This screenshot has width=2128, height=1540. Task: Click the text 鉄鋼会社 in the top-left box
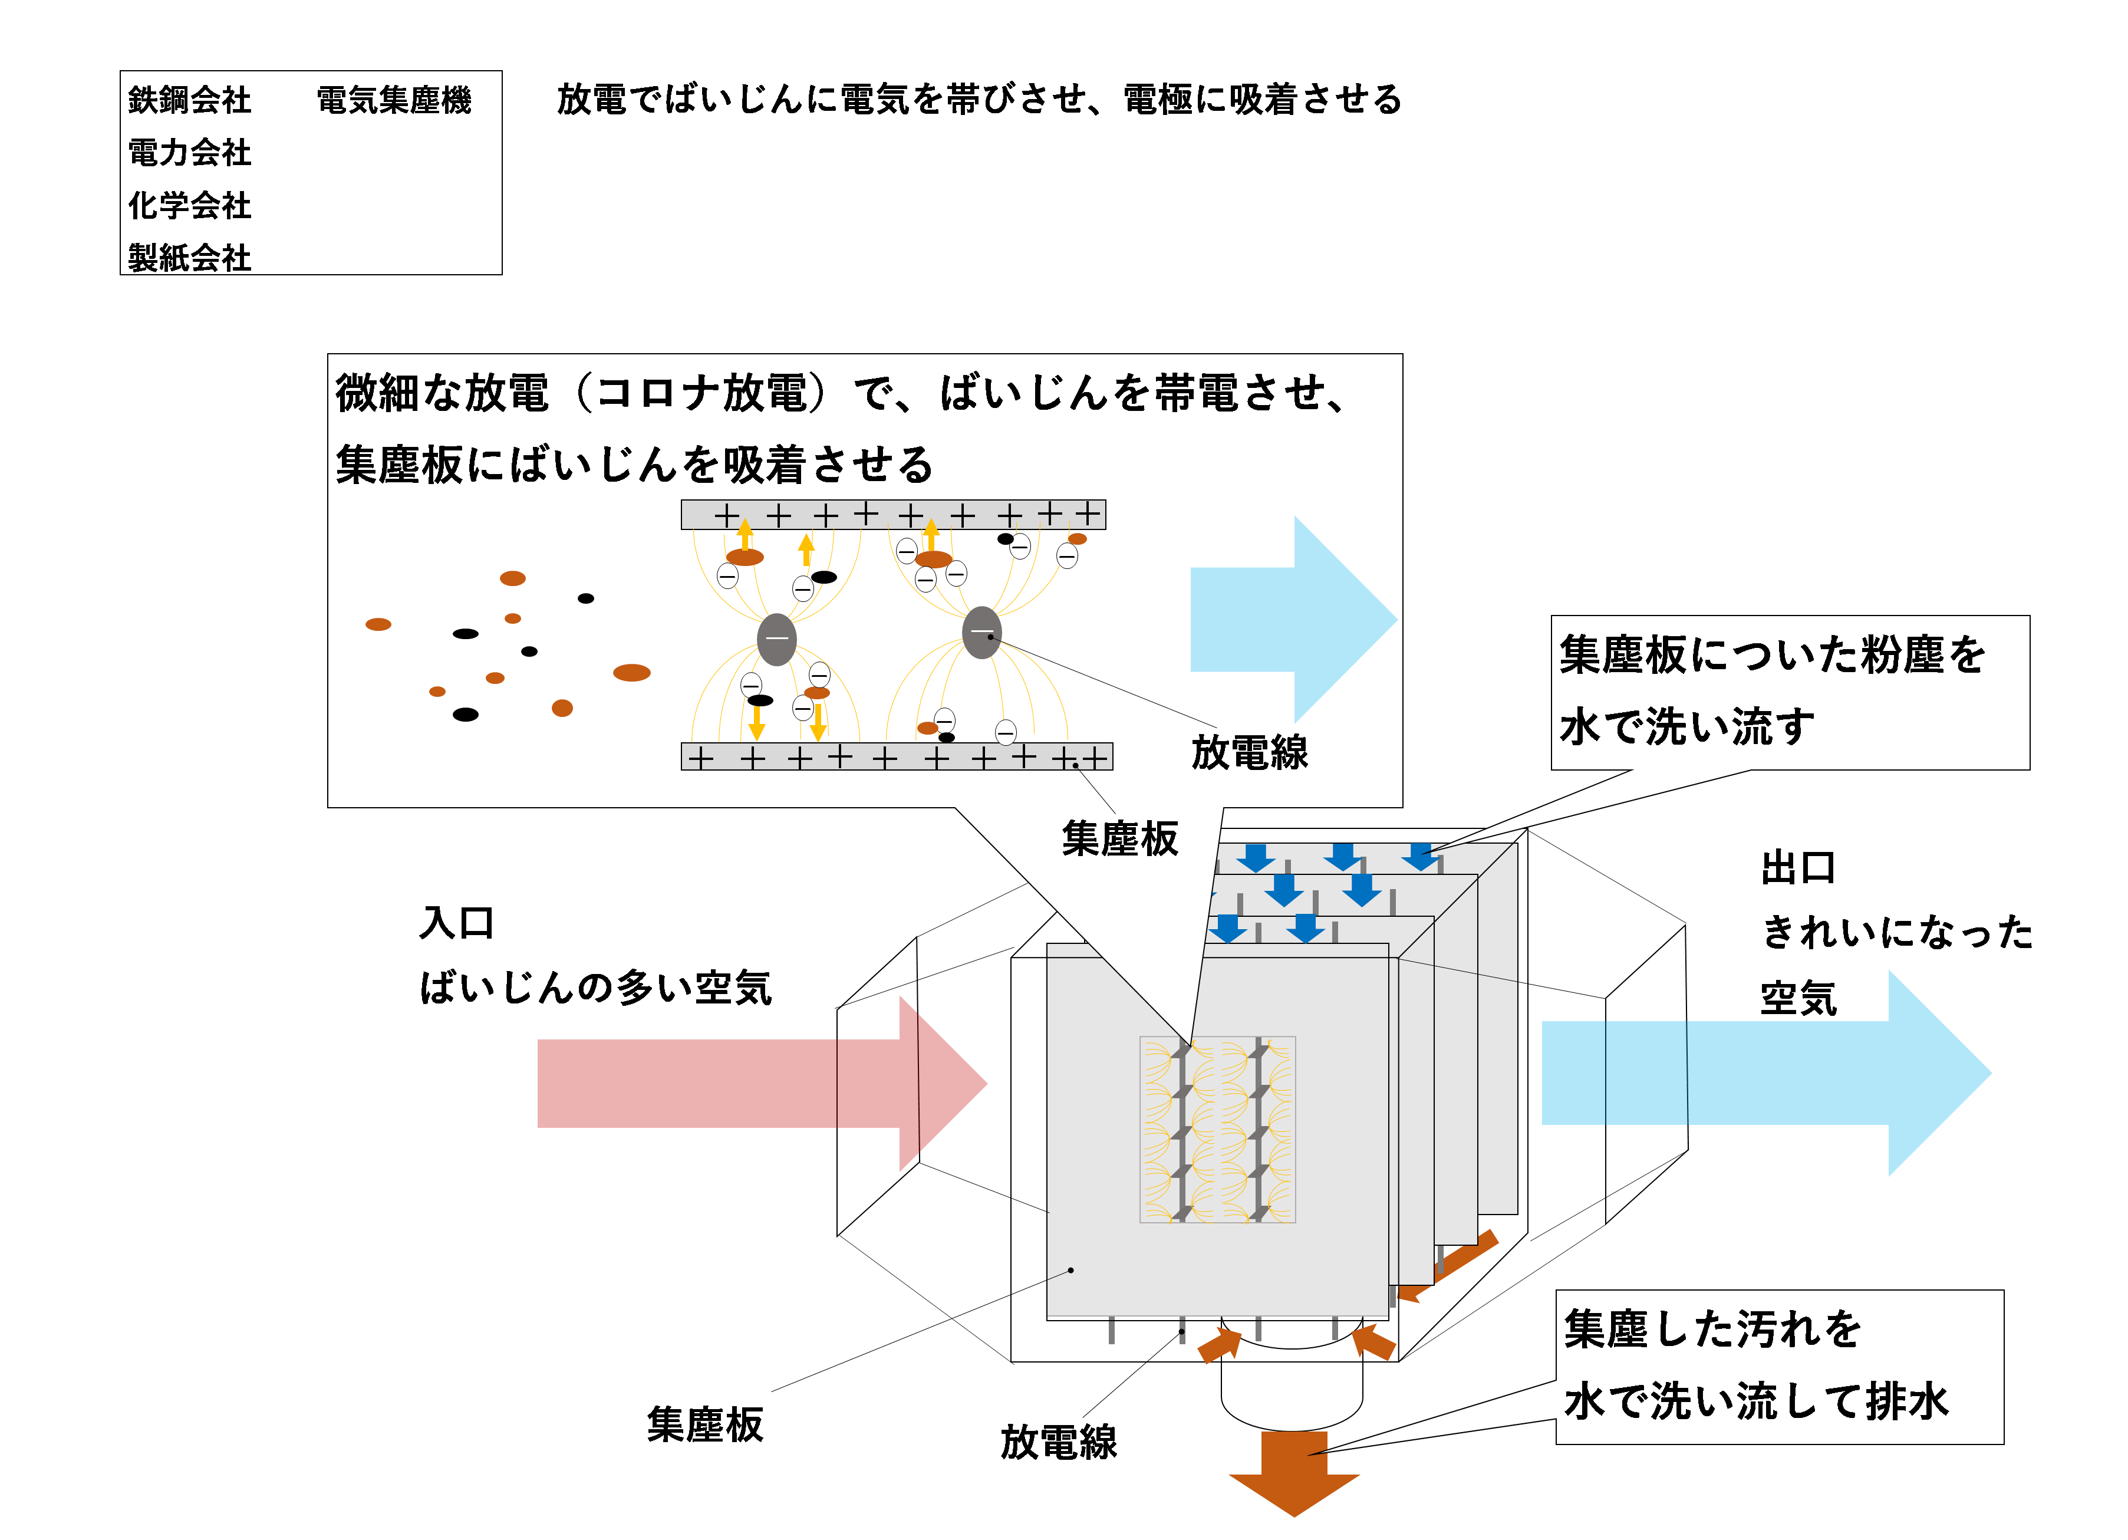coord(190,100)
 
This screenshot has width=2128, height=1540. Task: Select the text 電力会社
coord(190,152)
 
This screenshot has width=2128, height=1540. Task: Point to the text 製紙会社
coord(190,257)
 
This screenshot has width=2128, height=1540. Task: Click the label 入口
coord(456,923)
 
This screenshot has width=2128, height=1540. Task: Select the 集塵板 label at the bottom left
coord(704,1424)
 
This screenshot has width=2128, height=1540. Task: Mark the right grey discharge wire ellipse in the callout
coord(981,633)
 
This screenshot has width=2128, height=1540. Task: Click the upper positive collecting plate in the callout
coord(892,514)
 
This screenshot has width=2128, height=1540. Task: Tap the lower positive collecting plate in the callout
coord(896,756)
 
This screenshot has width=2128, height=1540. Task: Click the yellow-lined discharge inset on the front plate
coord(1217,1129)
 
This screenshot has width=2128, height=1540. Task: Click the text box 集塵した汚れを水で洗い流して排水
coord(1779,1367)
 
